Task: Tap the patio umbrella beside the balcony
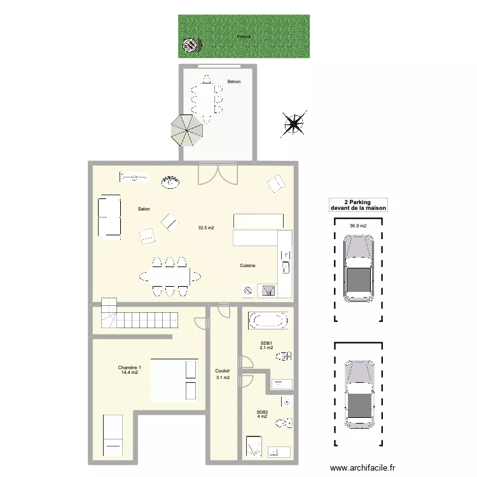186,130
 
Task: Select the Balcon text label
234,81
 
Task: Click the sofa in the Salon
109,218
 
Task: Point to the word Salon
144,209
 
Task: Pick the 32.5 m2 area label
206,227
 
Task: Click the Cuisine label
247,265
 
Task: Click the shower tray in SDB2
254,446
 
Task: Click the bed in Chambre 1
174,380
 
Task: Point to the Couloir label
223,371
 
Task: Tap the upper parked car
359,268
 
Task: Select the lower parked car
359,394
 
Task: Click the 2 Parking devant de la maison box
358,205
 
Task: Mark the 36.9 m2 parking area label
358,225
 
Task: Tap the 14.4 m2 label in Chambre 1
130,372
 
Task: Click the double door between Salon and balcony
218,173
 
